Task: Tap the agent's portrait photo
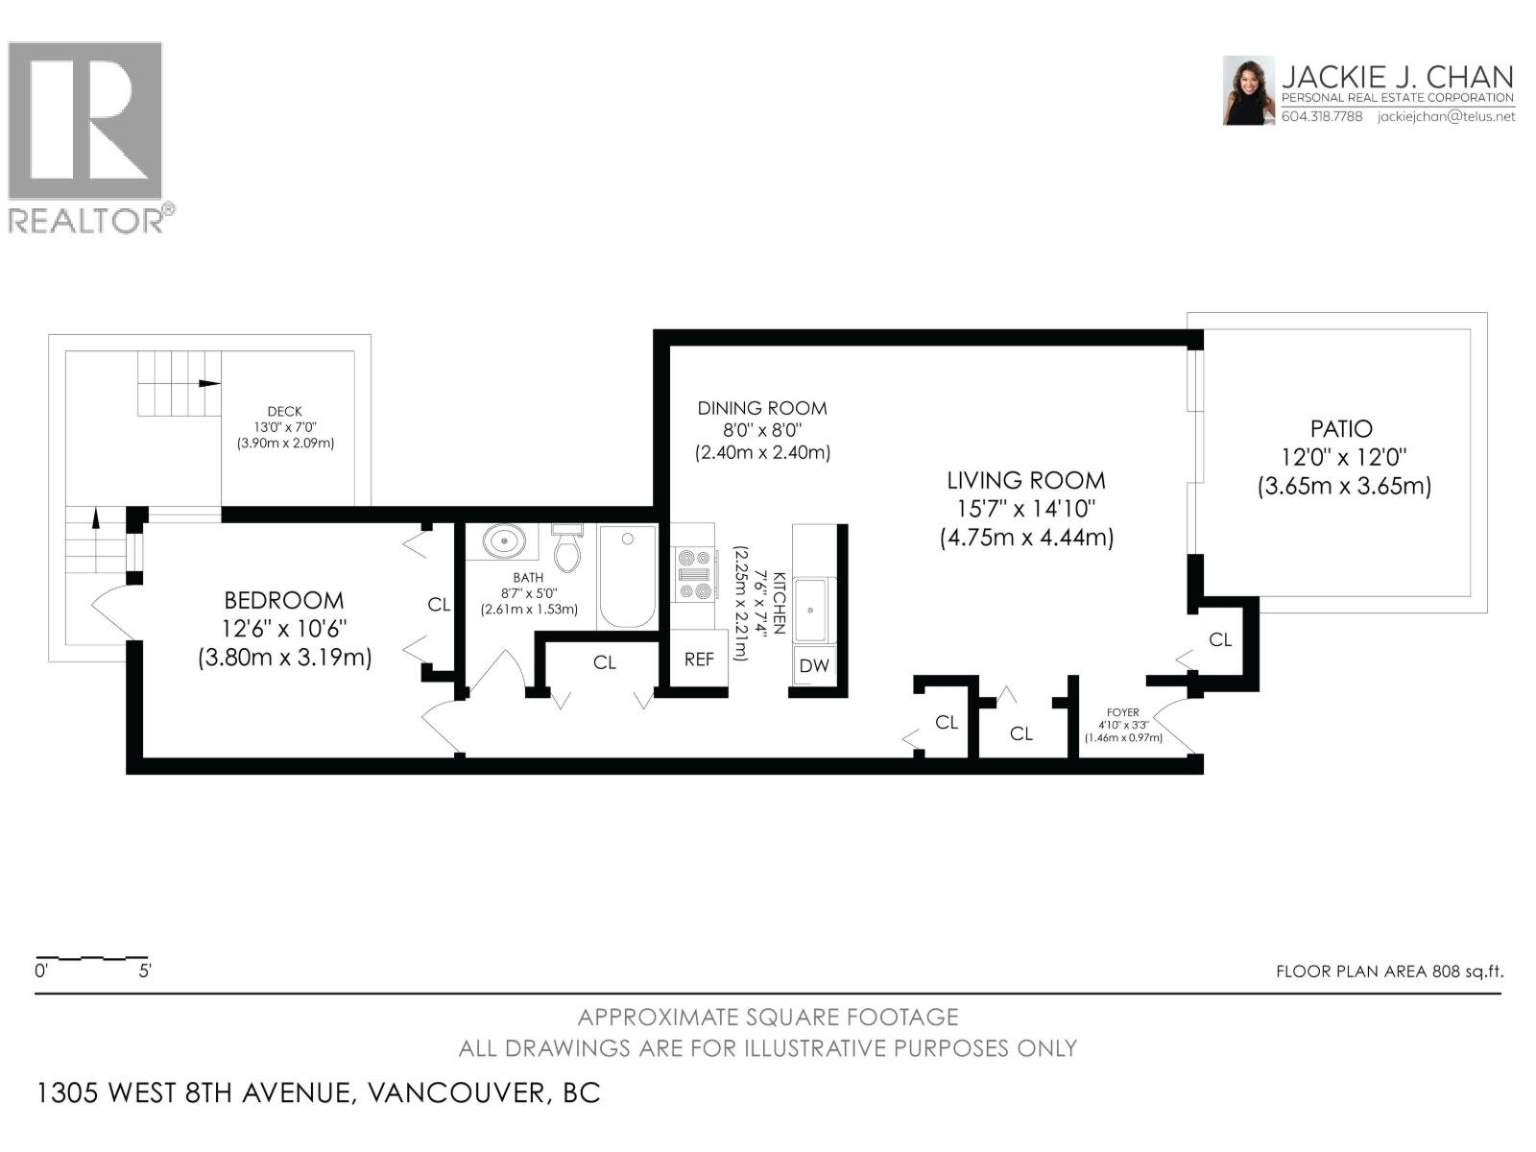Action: click(1248, 90)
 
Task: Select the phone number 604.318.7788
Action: click(1322, 116)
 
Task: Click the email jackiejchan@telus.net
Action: click(1446, 116)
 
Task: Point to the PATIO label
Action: click(1341, 429)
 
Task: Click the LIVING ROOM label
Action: click(1025, 481)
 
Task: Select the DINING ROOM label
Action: click(761, 408)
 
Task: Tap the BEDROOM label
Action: click(283, 601)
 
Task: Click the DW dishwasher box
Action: click(814, 665)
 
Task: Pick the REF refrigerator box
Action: click(699, 660)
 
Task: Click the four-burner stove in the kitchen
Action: click(693, 574)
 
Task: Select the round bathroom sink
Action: click(502, 540)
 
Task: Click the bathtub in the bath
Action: click(627, 576)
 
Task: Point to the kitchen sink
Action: click(813, 610)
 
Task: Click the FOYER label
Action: click(1122, 712)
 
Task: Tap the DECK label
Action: click(285, 411)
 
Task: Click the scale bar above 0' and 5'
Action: click(92, 958)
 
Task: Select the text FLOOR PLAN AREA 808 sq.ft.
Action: click(1389, 972)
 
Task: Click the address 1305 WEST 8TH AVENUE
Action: click(192, 1092)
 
